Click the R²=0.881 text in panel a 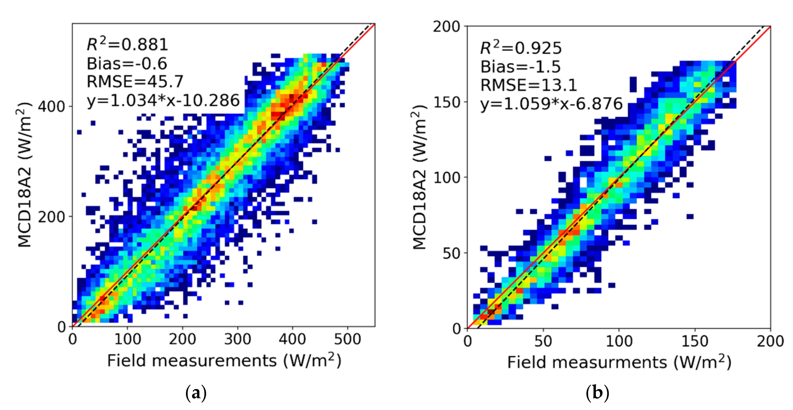click(127, 45)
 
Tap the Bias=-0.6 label click(127, 64)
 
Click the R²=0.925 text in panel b click(521, 48)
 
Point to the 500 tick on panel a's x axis click(348, 339)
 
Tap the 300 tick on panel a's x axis click(237, 339)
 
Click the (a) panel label click(196, 393)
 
